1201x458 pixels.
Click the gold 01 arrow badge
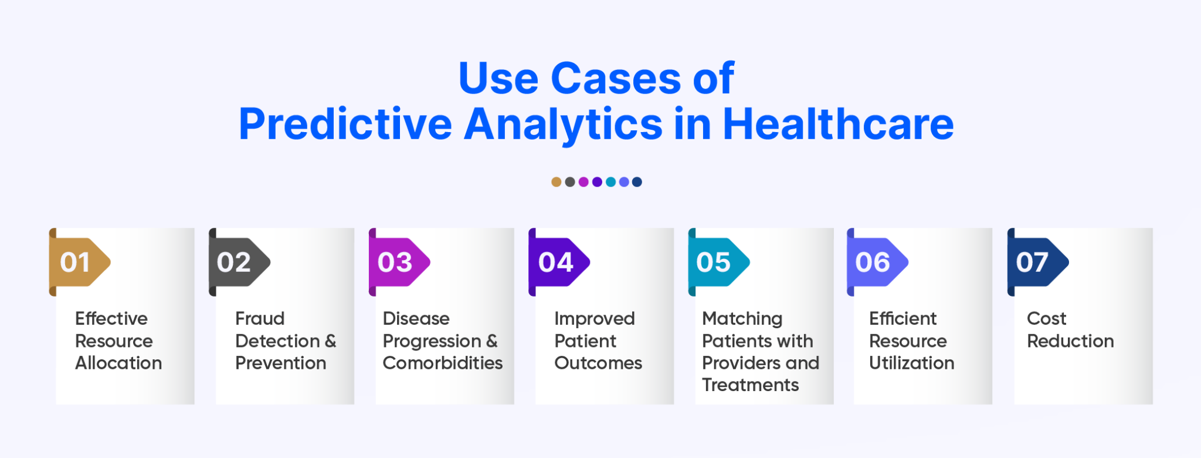[79, 262]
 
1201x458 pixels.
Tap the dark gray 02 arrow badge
[238, 262]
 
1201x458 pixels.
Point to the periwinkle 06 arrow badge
[877, 262]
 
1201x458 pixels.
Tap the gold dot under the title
[556, 182]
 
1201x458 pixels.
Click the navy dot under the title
[637, 182]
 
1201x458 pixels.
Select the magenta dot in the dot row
[583, 182]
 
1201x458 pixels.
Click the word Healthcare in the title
[838, 124]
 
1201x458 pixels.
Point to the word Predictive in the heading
[345, 124]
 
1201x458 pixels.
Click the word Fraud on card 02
[260, 319]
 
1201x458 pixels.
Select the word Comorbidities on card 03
[443, 363]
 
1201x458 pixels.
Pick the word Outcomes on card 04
[598, 363]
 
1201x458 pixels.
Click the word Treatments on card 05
[750, 385]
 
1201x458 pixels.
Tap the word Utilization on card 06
[911, 363]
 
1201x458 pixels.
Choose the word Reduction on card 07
[1070, 341]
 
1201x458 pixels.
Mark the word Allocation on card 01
[118, 363]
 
